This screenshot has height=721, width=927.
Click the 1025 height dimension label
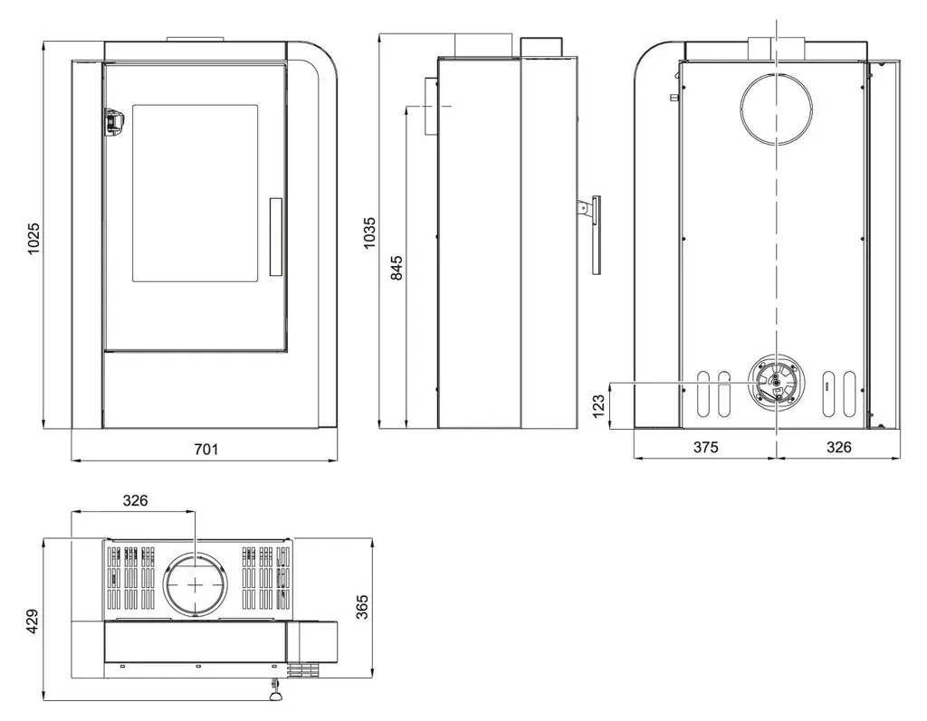pyautogui.click(x=33, y=239)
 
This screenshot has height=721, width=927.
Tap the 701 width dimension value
pyautogui.click(x=206, y=449)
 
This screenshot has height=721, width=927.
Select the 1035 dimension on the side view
pyautogui.click(x=369, y=232)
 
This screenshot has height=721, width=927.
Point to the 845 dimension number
pyautogui.click(x=397, y=268)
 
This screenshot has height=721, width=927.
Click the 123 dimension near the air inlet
pyautogui.click(x=598, y=406)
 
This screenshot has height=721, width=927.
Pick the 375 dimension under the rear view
pyautogui.click(x=705, y=447)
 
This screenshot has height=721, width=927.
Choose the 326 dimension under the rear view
pyautogui.click(x=838, y=447)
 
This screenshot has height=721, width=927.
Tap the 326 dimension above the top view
pyautogui.click(x=136, y=500)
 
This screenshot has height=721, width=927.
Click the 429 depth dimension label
pyautogui.click(x=33, y=621)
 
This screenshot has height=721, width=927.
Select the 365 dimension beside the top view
pyautogui.click(x=362, y=607)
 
